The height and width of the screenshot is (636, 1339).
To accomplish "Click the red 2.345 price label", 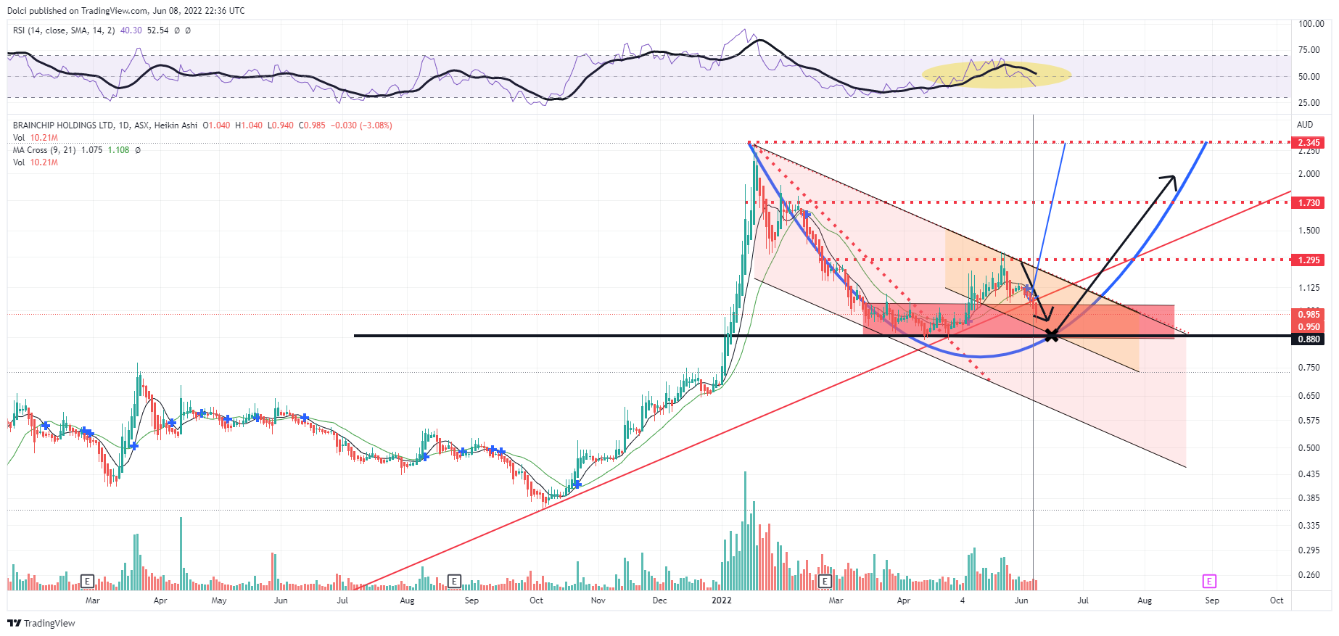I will click(x=1309, y=143).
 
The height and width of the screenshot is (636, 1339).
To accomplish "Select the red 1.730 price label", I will click(x=1309, y=203).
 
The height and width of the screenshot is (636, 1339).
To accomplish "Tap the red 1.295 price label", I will click(x=1309, y=260).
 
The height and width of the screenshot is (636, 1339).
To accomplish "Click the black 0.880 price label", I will click(x=1309, y=339).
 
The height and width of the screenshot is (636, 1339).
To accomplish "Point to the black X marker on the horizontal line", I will click(x=1052, y=335).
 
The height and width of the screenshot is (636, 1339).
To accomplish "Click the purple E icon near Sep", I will click(x=1209, y=581).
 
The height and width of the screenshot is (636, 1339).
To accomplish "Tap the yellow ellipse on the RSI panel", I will click(x=996, y=74).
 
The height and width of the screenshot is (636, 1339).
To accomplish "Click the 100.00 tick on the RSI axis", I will click(x=1311, y=24).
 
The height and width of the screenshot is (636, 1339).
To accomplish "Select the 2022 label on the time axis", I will click(x=722, y=600).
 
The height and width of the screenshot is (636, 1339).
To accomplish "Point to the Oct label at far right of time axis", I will click(x=1277, y=600).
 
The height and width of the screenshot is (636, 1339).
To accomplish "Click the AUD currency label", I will click(x=1305, y=125).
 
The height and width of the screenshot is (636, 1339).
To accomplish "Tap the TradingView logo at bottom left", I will click(x=41, y=623).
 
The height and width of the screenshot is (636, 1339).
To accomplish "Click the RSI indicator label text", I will click(x=64, y=30).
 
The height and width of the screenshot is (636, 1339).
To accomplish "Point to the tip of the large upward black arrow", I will click(x=1174, y=176).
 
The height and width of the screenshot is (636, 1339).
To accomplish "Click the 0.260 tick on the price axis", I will click(x=1309, y=575).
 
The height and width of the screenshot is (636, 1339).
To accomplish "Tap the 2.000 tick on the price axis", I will click(x=1309, y=174).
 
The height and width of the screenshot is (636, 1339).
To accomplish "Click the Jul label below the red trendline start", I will click(x=342, y=600).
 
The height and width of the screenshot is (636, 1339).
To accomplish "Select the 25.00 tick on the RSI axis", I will click(x=1309, y=103).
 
